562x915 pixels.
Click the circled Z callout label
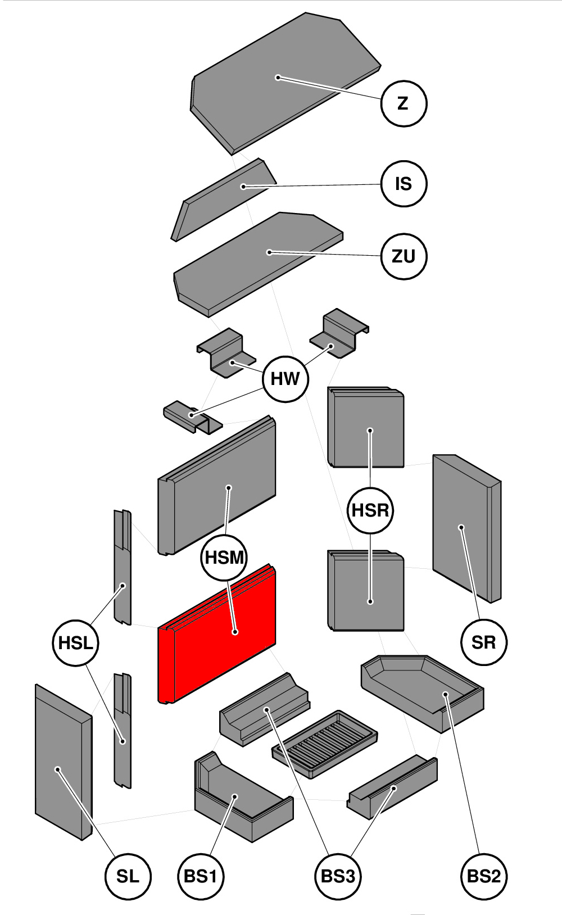(404, 103)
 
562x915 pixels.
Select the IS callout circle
(404, 184)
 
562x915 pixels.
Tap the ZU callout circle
(404, 256)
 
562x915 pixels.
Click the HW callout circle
(285, 379)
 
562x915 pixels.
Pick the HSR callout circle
(370, 510)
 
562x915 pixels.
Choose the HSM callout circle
(224, 558)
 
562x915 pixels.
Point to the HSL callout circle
(75, 643)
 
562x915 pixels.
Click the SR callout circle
(483, 642)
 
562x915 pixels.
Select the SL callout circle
(128, 876)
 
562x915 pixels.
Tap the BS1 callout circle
(201, 876)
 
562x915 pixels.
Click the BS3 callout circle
(338, 876)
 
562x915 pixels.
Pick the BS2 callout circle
(483, 876)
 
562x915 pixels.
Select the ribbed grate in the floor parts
(325, 742)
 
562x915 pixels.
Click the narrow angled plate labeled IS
(225, 200)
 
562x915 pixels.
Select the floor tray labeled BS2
(422, 691)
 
